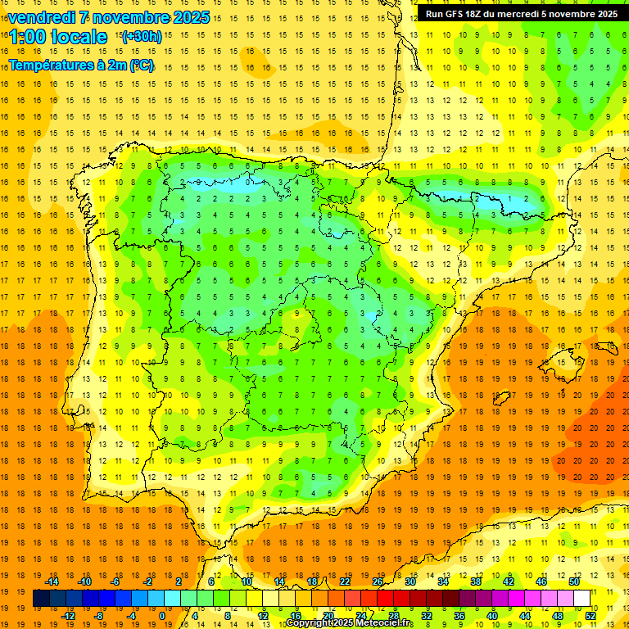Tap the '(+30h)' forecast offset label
(x=141, y=37)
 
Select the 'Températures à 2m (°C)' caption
(x=81, y=65)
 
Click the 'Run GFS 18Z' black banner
(x=521, y=14)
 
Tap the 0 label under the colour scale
(x=162, y=616)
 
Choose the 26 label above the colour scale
(x=378, y=581)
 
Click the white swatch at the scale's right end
(x=581, y=599)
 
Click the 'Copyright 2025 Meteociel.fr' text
(x=350, y=623)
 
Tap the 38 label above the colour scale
(x=476, y=581)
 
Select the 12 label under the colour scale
(x=263, y=616)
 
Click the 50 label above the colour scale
(x=574, y=581)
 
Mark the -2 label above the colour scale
(x=148, y=581)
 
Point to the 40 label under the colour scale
(x=492, y=616)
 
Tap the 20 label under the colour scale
(x=328, y=616)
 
